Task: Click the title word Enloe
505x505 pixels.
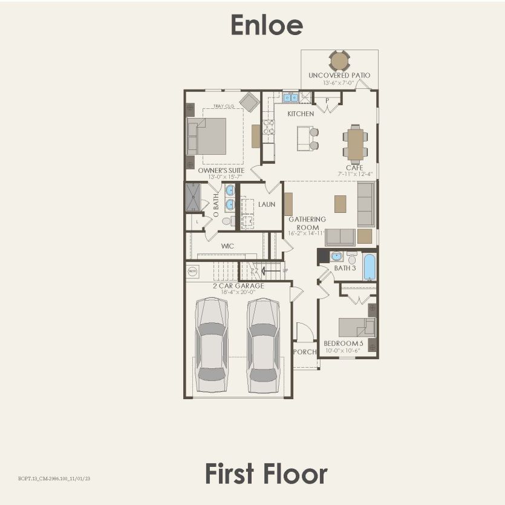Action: [267, 25]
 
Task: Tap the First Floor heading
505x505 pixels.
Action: [266, 474]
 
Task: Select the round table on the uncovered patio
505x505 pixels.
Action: [339, 60]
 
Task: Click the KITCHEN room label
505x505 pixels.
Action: [301, 114]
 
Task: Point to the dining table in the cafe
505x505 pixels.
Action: [355, 144]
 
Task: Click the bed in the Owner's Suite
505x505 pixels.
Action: [207, 136]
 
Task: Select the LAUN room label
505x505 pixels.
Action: [267, 204]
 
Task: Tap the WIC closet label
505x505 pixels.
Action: [227, 246]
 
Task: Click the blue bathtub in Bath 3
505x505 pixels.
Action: [370, 267]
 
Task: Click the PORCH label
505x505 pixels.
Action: [305, 352]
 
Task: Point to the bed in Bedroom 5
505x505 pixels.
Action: [357, 327]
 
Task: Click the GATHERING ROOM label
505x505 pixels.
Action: [307, 223]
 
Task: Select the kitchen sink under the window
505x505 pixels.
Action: [291, 97]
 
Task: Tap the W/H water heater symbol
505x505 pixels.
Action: [193, 272]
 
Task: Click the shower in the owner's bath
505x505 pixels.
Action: [193, 197]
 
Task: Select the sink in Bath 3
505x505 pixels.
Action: [337, 256]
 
